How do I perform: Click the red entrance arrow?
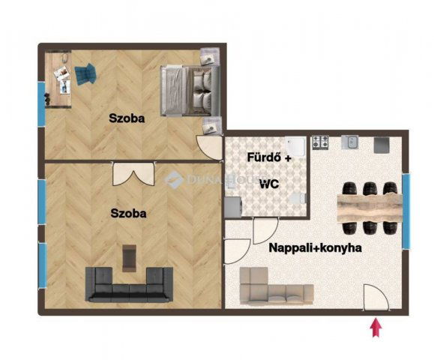(376, 328)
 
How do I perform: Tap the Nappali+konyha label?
(316, 247)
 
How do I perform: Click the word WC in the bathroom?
(269, 184)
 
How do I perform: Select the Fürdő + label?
(269, 157)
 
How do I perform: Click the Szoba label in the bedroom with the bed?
(127, 118)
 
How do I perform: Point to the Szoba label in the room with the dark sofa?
(128, 213)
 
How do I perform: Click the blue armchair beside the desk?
(85, 73)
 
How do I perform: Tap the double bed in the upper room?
(190, 91)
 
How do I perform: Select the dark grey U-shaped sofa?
(129, 284)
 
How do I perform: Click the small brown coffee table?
(129, 258)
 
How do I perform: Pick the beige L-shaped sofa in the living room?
(277, 286)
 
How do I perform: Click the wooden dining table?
(370, 208)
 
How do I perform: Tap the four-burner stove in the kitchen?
(320, 142)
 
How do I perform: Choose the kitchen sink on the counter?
(350, 142)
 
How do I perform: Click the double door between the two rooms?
(133, 174)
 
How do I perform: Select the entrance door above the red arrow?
(376, 297)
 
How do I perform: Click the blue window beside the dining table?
(406, 211)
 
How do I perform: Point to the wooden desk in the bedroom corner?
(58, 79)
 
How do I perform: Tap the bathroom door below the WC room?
(265, 231)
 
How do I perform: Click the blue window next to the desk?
(41, 103)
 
